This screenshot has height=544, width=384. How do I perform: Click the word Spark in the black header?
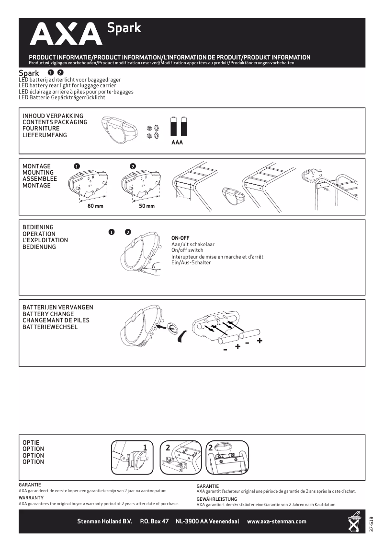pos(124,28)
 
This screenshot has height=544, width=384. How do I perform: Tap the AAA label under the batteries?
pos(177,142)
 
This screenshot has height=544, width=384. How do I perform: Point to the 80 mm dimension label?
pos(95,206)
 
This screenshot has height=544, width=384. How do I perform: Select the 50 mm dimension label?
pos(147,206)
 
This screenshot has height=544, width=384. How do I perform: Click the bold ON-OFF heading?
pos(181,238)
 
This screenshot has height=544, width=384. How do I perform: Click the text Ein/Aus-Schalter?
pos(191,263)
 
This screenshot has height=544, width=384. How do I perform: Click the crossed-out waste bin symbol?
pos(354,522)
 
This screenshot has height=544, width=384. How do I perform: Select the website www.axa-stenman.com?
pos(276,521)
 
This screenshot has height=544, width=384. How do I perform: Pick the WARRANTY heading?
pos(31,498)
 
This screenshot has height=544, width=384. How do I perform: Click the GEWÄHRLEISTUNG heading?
pos(216,499)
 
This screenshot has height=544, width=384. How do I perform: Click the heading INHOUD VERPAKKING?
pos(53,116)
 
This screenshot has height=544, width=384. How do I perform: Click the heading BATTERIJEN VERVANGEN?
pos(58,307)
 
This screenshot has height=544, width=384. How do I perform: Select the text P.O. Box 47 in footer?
pos(154,521)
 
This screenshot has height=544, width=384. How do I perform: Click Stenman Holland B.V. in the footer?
pos(104,521)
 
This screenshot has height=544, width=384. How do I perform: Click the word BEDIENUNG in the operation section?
pos(39,247)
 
